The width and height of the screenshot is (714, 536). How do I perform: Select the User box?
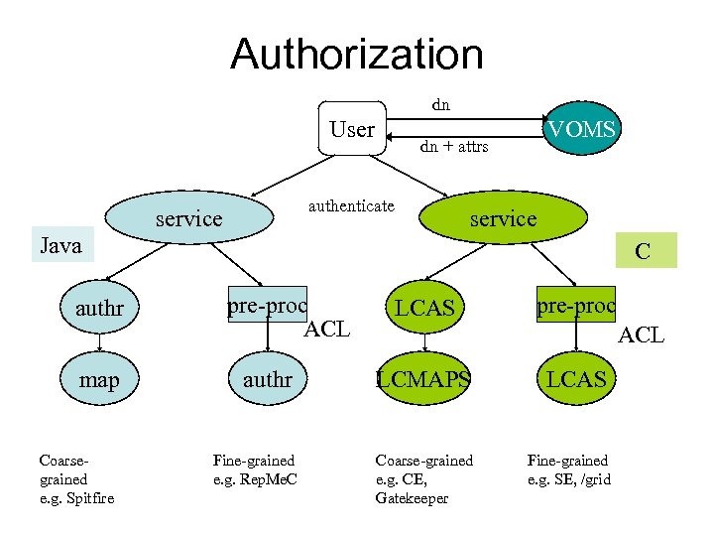coord(352,129)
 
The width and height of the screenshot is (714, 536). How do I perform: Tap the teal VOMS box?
coord(582,128)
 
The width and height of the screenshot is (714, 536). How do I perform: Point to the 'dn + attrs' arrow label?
coord(453,147)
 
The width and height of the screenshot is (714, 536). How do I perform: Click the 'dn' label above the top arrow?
coord(439,102)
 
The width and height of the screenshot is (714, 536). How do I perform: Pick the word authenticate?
coord(351,205)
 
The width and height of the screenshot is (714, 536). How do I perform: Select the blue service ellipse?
coord(189,218)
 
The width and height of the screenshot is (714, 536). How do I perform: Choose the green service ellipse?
coord(503,218)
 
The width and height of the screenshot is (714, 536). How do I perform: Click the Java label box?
coord(60,245)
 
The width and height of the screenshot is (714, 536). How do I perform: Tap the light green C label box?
coord(643,251)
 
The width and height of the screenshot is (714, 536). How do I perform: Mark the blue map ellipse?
coord(99,380)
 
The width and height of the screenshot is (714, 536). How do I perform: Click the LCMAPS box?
coord(423,378)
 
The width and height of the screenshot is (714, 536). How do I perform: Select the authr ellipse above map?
coord(99,309)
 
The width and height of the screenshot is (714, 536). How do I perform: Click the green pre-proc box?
coord(576,305)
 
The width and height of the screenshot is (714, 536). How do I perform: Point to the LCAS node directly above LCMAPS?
coord(424,309)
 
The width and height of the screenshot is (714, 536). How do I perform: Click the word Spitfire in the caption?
coord(88,497)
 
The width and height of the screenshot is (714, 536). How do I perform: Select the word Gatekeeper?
coord(412,497)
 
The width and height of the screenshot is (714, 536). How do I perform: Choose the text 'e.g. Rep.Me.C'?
coord(255,478)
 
